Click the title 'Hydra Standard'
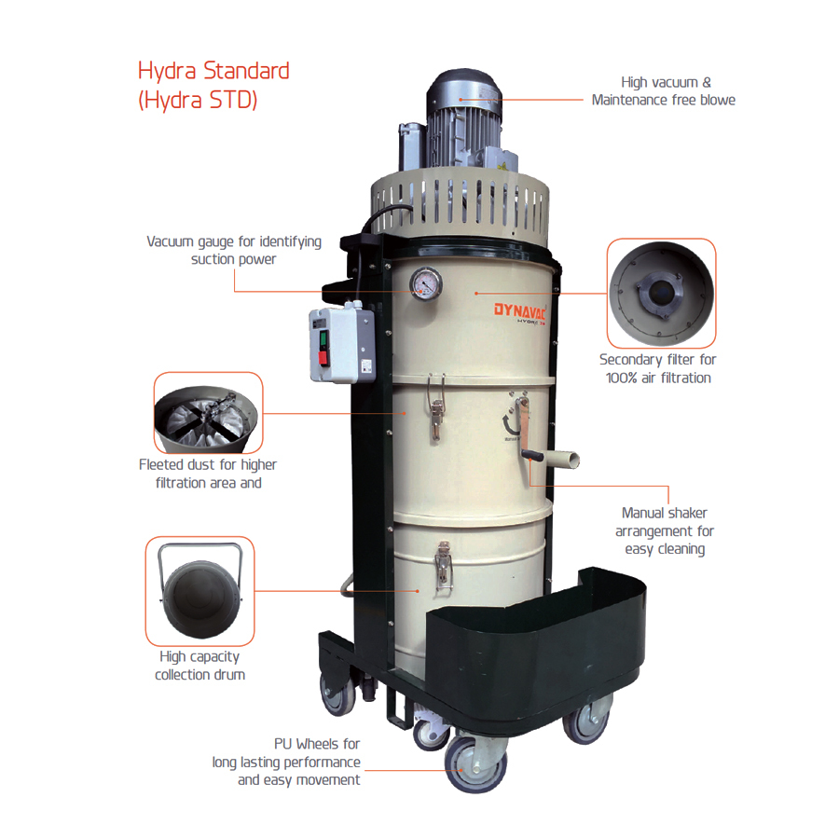coord(213,72)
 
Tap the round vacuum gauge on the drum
coord(426,283)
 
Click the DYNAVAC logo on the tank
coord(519,309)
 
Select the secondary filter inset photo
coord(661,294)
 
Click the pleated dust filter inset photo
coord(208,413)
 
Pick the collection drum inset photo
coord(200,591)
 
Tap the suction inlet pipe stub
coord(561,459)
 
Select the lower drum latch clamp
coord(443,566)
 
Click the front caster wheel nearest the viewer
coord(475,765)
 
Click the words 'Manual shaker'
coord(664,513)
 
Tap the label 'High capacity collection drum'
coord(199,666)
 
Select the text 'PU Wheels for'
coord(317,744)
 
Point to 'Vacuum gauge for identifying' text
coord(234,241)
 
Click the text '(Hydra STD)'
coord(198,101)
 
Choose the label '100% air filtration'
coord(658,378)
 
